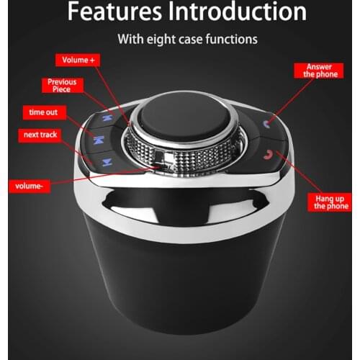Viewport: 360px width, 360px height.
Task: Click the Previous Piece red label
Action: [x=61, y=86]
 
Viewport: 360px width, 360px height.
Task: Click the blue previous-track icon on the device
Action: [x=107, y=116]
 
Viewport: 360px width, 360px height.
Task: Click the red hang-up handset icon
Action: [x=269, y=153]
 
